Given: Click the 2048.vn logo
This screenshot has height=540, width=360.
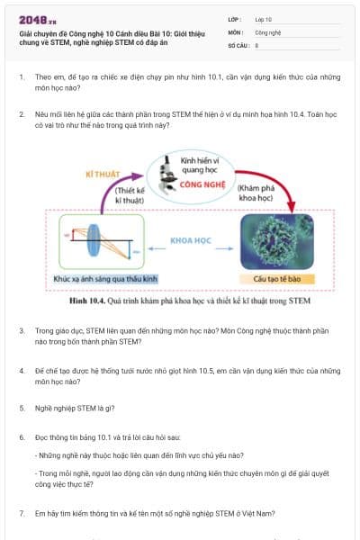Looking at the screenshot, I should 37,19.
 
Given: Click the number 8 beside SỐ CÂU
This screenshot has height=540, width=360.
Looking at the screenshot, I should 257,43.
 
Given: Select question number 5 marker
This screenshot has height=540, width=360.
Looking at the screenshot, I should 22,408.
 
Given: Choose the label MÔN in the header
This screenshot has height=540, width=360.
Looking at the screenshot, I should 236,31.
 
